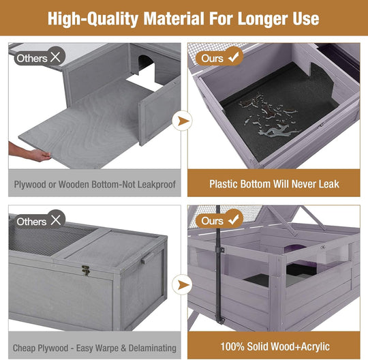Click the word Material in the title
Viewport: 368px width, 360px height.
tap(174, 19)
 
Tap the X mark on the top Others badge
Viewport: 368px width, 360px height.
tap(55, 57)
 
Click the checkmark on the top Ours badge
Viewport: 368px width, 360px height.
tap(234, 57)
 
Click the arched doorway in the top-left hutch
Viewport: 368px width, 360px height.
tap(146, 65)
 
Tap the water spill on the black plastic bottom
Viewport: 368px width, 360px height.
tap(270, 115)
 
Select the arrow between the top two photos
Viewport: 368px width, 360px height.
tap(183, 121)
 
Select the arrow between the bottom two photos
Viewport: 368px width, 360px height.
tap(183, 284)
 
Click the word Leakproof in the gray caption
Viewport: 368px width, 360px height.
tap(156, 185)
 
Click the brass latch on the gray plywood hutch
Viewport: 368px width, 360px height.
tap(86, 270)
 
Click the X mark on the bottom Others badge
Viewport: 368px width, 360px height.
tap(55, 220)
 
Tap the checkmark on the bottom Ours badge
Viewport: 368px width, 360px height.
tap(234, 220)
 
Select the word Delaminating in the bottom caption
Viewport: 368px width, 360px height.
tap(153, 348)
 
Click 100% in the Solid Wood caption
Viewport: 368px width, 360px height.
tap(232, 346)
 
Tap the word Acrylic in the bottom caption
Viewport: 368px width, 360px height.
tap(316, 347)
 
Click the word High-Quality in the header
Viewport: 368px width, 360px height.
tap(93, 19)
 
